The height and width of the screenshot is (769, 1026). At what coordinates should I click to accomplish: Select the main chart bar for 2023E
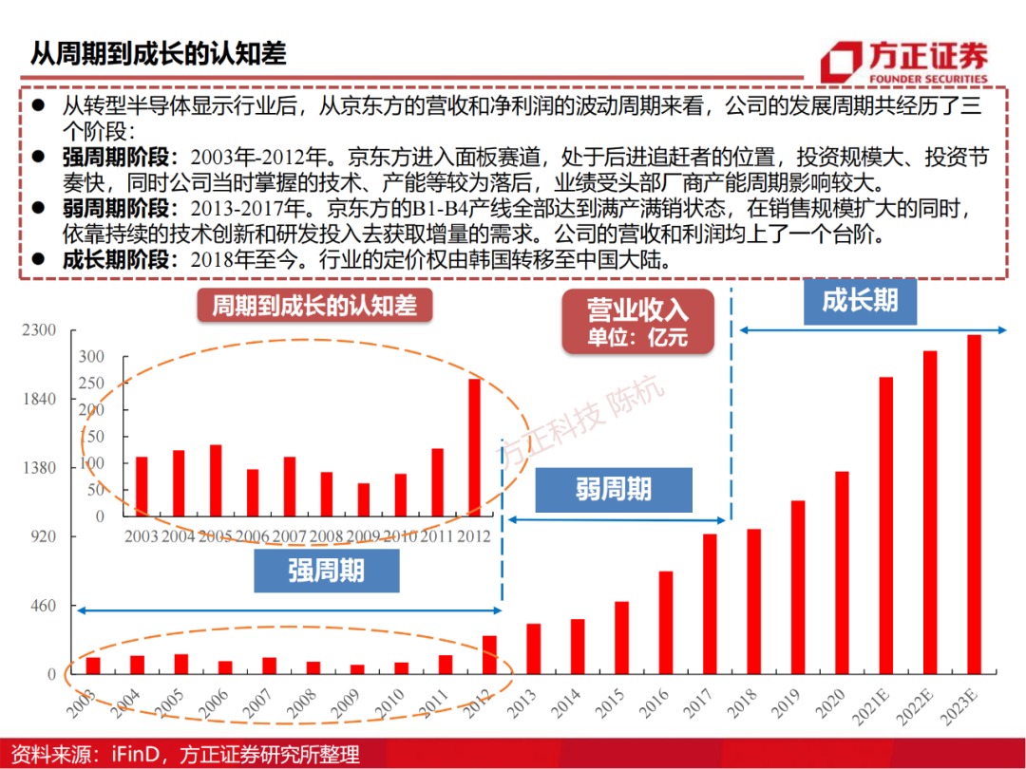[974, 504]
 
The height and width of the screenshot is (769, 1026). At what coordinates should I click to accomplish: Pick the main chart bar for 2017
[710, 604]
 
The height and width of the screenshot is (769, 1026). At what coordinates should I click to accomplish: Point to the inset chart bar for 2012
[474, 447]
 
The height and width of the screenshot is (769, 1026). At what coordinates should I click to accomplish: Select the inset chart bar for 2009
[363, 499]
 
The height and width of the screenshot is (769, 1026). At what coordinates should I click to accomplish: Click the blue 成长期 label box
[859, 301]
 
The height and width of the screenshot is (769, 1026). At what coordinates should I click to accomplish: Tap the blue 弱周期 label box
[614, 489]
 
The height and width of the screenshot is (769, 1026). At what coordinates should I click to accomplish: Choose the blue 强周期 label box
[326, 570]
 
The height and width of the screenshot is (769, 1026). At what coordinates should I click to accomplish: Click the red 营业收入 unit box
[636, 322]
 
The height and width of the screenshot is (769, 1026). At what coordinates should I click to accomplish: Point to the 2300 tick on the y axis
[41, 330]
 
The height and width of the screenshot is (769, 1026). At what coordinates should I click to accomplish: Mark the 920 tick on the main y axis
[45, 536]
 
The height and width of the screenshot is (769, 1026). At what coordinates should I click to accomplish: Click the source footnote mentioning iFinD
[180, 754]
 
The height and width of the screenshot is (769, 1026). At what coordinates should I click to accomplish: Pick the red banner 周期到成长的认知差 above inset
[313, 306]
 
